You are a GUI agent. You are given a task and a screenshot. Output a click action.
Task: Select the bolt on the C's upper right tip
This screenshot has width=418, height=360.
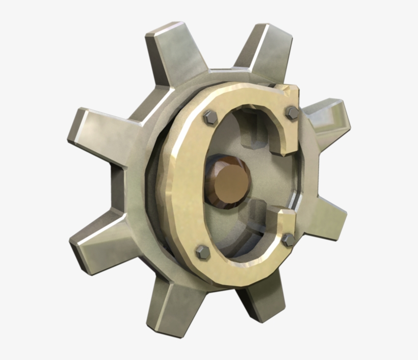point(292,113)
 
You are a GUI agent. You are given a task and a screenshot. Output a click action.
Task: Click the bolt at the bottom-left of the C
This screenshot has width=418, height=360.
point(202,251)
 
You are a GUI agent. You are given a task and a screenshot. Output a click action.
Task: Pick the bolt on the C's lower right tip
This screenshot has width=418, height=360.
point(289,239)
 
